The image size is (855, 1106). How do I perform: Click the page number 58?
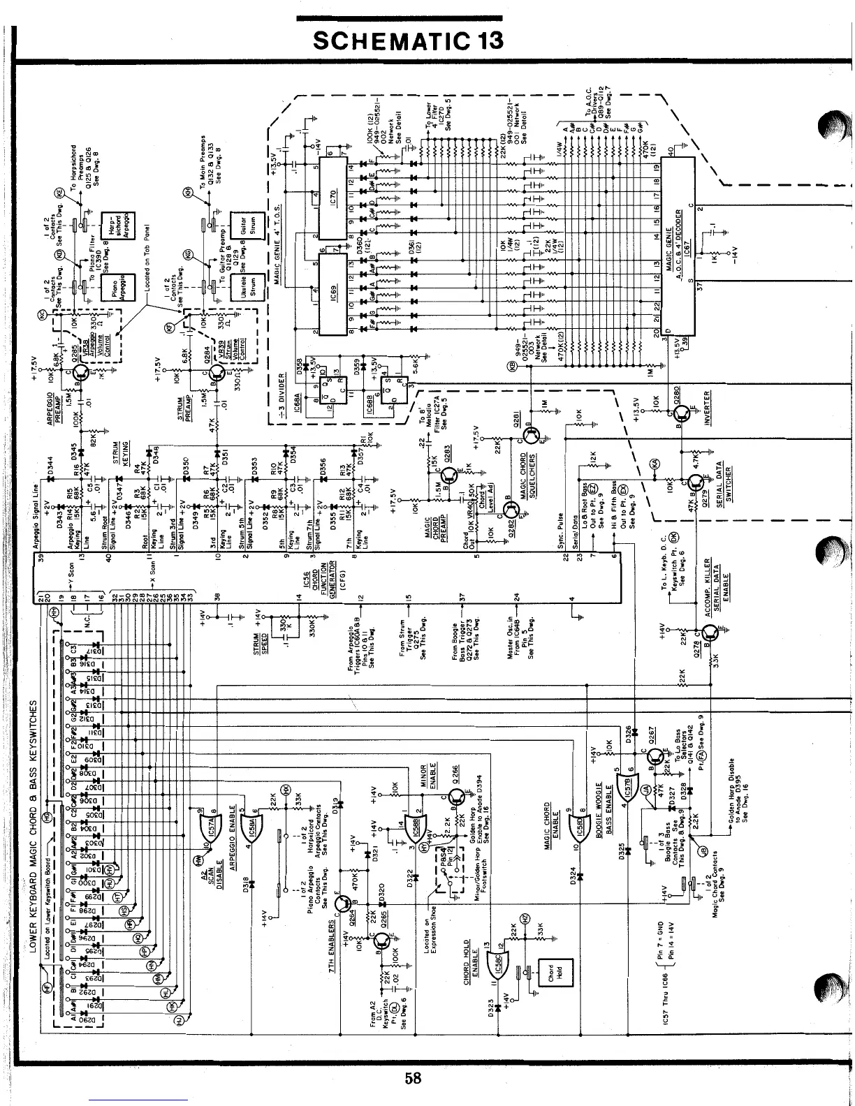tap(414, 1077)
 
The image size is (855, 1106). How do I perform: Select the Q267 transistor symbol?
tap(655, 757)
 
